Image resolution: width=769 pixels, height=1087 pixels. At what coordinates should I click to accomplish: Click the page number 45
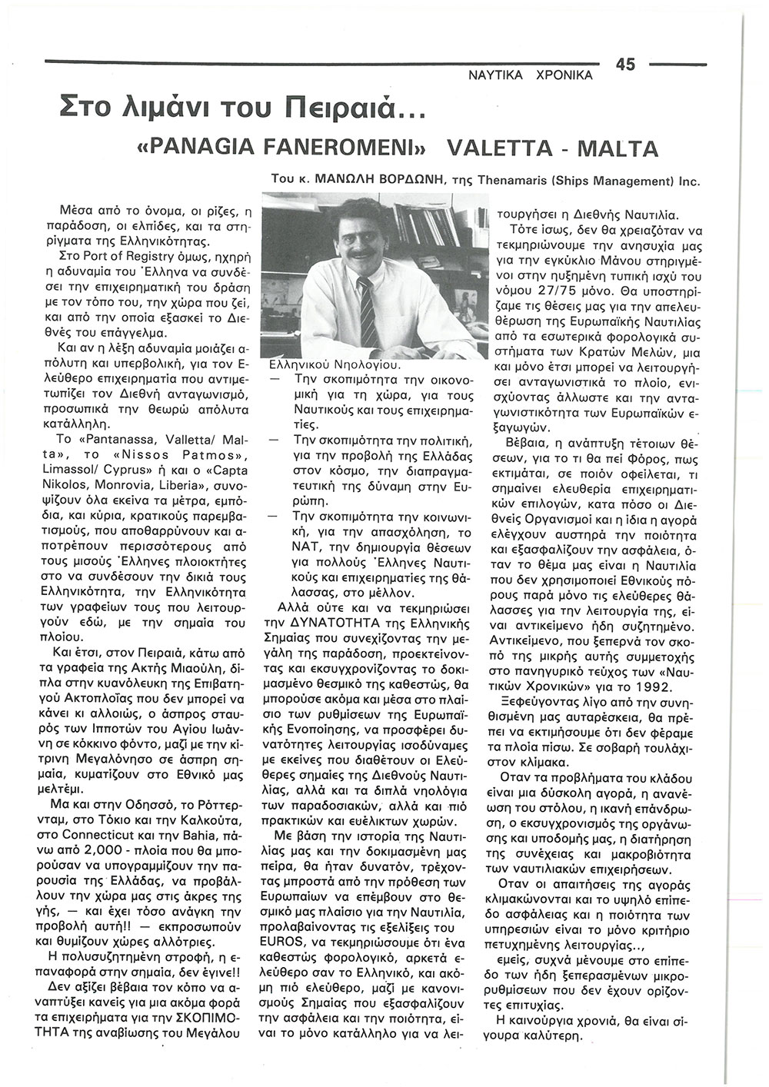(625, 66)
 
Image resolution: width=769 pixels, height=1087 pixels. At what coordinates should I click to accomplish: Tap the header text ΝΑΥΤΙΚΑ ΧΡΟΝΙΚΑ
(531, 75)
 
